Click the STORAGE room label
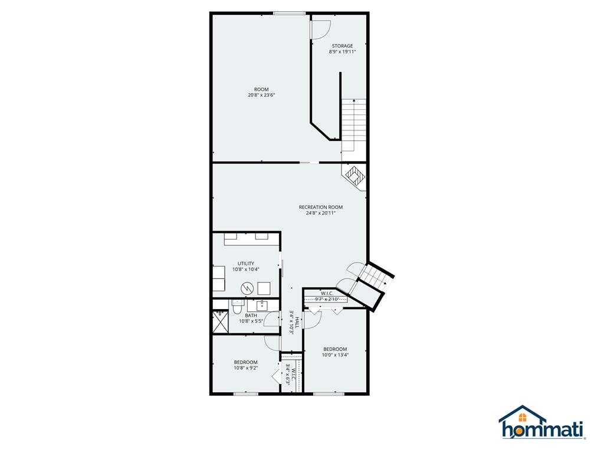tap(342, 46)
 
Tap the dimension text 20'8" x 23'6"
tap(261, 95)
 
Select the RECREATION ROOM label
tap(320, 207)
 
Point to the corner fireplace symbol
tap(354, 176)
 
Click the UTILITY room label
tap(246, 264)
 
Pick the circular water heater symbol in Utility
tap(247, 288)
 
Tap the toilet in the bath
tap(237, 308)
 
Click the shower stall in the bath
tap(221, 321)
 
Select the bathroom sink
tap(262, 306)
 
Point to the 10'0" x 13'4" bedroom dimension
tap(335, 355)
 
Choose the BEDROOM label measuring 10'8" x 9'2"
tap(246, 362)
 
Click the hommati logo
tap(543, 422)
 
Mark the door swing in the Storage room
tap(320, 29)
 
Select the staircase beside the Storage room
tap(354, 125)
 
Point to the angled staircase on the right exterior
tap(375, 276)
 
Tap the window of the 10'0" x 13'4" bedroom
tap(329, 393)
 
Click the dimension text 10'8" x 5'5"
tap(251, 321)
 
